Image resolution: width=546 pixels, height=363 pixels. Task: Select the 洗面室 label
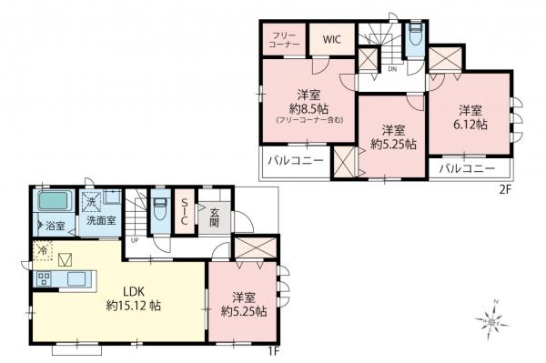click(x=100, y=220)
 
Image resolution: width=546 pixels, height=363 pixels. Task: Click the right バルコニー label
click(x=468, y=168)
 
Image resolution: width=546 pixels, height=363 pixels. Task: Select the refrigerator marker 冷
click(x=42, y=248)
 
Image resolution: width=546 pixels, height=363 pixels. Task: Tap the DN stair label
click(x=391, y=69)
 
